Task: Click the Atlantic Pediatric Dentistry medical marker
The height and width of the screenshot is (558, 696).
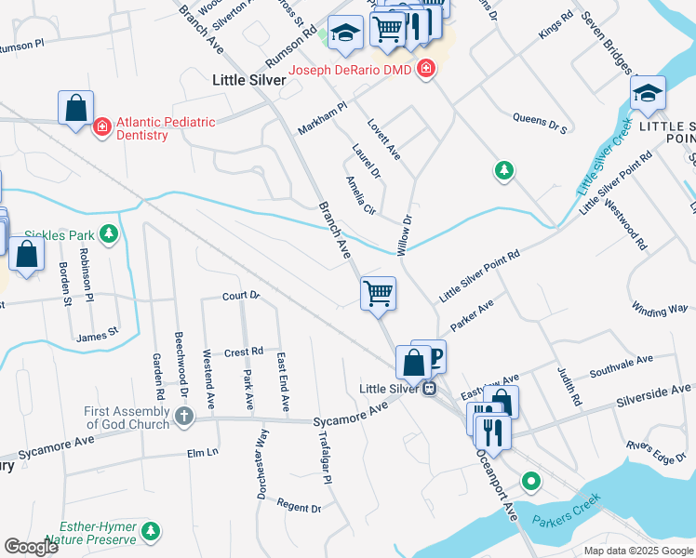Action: click(x=102, y=126)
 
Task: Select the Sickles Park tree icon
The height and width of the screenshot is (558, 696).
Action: click(x=110, y=232)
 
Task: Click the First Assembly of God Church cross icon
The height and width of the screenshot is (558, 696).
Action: click(x=184, y=418)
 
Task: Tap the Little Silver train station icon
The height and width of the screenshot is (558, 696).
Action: click(x=429, y=388)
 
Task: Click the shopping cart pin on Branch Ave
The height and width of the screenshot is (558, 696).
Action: click(x=378, y=294)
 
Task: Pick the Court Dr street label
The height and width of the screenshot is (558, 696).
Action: click(x=240, y=296)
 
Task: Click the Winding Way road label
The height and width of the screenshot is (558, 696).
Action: click(x=660, y=307)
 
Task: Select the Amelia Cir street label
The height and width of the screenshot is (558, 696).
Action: click(x=360, y=195)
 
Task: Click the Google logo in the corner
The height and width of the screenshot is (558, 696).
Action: click(x=32, y=547)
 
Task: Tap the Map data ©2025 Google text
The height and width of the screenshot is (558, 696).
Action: click(x=638, y=551)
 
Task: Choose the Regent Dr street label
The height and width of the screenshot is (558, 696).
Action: click(x=299, y=508)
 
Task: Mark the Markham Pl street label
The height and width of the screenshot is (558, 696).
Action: click(x=322, y=118)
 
